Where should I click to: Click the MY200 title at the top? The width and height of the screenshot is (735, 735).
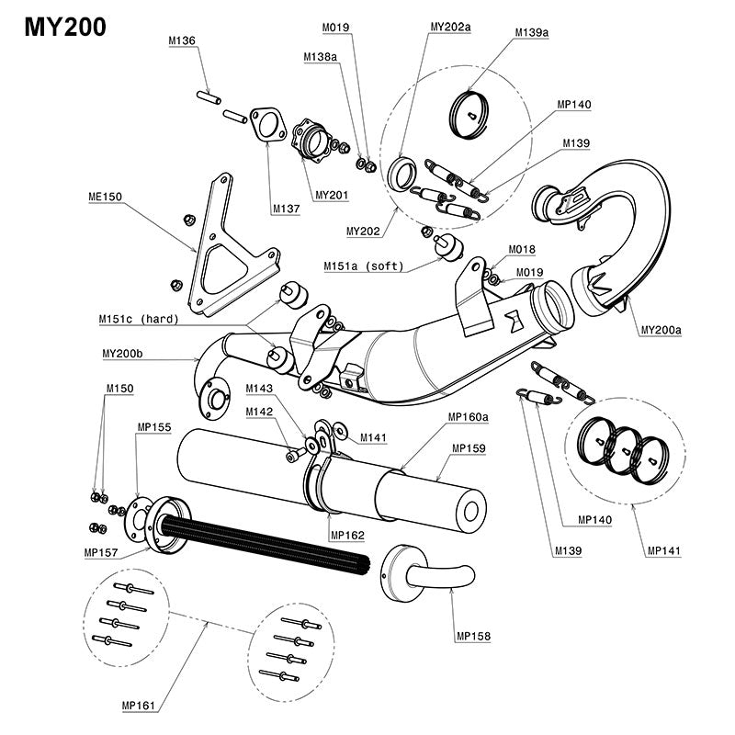tap(64, 27)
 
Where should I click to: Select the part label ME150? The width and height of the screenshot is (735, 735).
tap(106, 196)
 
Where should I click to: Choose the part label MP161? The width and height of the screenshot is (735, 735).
tap(138, 706)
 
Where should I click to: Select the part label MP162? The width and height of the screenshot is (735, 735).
tap(347, 536)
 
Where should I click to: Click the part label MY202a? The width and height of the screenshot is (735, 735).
tap(450, 28)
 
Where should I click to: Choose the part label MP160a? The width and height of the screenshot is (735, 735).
tap(469, 416)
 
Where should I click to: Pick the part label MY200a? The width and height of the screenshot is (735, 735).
tap(663, 329)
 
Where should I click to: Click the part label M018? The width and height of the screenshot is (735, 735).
tap(522, 249)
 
